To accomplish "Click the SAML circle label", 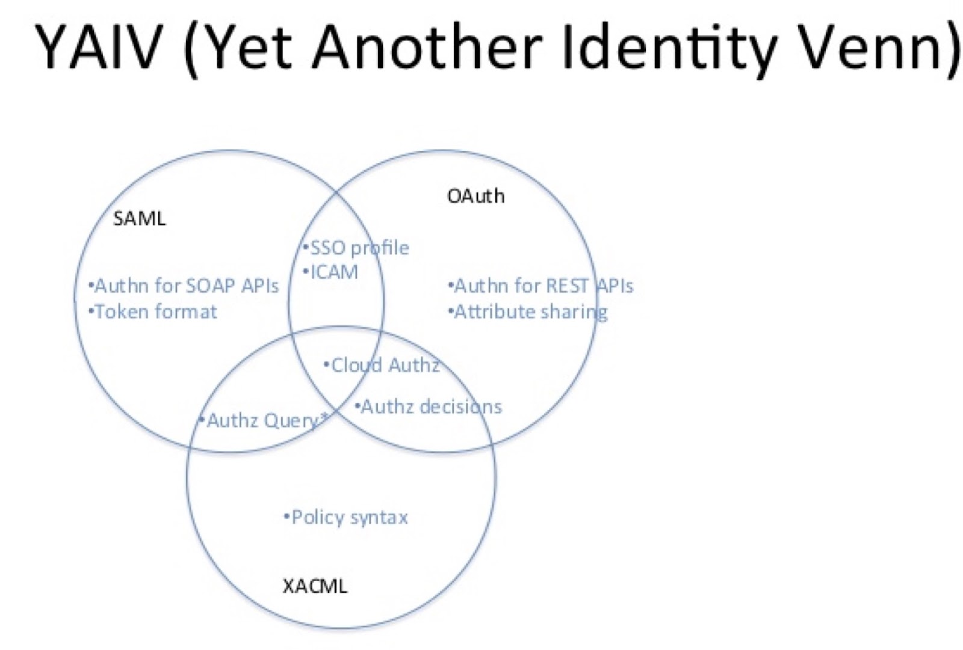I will [139, 218].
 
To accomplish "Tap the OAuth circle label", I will [475, 196].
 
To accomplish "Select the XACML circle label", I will [315, 586].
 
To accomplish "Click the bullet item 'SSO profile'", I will [356, 248].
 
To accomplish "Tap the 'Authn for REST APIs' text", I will [541, 286].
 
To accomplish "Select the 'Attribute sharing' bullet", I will [528, 311].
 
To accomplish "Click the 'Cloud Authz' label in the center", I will [382, 365].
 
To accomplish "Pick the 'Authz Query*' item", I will [264, 420].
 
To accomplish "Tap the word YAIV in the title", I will [99, 46].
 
